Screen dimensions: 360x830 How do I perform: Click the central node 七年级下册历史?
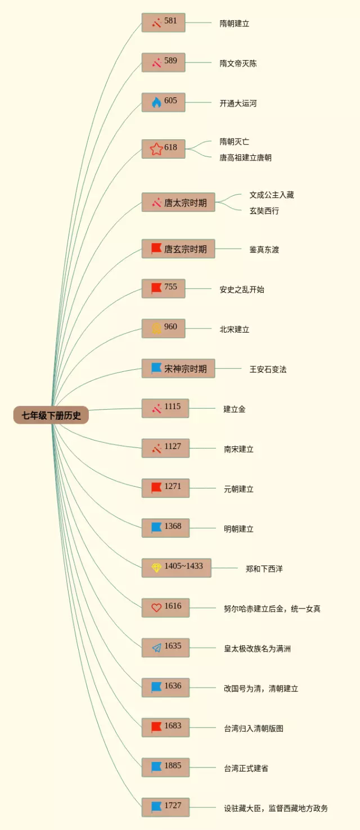[51, 415]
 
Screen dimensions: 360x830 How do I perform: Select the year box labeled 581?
[163, 23]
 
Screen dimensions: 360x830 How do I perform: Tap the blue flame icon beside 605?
[156, 102]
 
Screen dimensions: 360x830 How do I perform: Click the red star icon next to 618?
[156, 149]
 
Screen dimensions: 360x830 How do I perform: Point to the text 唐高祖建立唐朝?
[245, 158]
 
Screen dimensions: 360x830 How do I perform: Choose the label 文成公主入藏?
[272, 195]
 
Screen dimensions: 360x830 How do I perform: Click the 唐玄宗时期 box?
[178, 249]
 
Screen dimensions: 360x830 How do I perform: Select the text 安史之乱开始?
[242, 289]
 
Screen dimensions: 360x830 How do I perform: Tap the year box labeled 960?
[163, 328]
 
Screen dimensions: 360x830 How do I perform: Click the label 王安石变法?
[268, 369]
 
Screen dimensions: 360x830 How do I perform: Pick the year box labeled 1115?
[165, 408]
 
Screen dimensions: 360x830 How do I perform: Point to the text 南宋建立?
[238, 449]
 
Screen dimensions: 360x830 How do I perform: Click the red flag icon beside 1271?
[156, 487]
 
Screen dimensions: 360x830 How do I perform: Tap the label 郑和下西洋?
[264, 568]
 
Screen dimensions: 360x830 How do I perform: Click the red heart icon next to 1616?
[156, 608]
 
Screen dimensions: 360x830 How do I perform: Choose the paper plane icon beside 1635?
[156, 648]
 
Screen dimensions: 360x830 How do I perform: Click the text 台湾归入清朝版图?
[254, 728]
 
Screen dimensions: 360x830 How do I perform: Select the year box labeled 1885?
[165, 767]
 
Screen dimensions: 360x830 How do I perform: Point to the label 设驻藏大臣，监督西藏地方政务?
[276, 808]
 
